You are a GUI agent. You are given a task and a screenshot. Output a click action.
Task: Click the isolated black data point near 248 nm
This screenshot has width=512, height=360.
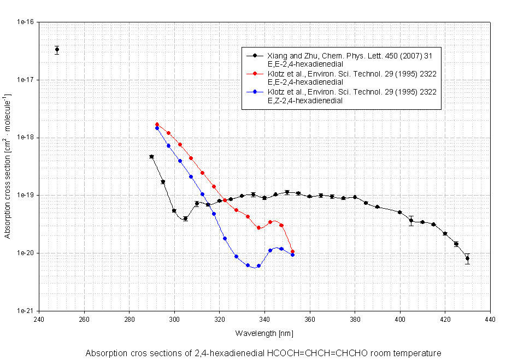coord(57,50)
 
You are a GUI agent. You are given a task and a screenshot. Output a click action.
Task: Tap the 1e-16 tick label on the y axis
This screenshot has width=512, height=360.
coord(26,22)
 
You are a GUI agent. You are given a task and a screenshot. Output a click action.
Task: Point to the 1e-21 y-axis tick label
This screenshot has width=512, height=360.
coord(26,311)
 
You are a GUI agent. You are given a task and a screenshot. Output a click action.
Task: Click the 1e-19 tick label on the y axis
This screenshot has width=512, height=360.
coord(26,196)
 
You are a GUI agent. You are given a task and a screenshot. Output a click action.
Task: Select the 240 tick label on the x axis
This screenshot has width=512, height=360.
coord(39,319)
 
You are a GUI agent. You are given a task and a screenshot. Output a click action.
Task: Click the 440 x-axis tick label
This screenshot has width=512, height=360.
coord(490,319)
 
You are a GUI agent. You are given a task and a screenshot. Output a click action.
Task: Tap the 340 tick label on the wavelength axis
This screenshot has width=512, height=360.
coord(264,319)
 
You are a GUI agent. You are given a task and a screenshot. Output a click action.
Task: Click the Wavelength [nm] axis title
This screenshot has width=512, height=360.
coord(264,333)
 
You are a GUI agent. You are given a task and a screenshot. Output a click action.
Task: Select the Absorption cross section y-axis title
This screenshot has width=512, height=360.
coord(8,167)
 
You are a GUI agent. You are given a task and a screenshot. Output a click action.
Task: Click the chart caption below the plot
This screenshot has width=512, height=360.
coord(263,353)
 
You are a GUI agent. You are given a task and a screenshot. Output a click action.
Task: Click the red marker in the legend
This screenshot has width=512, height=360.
coord(255,73)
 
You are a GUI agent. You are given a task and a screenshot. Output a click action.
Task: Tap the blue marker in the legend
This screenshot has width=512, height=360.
coord(255,91)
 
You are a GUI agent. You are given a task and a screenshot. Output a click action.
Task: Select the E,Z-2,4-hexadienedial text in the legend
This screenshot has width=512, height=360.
coord(304,100)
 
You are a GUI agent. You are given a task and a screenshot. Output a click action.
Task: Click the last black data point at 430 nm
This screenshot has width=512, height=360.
coord(467,258)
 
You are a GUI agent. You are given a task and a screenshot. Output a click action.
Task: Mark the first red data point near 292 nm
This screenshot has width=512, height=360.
coord(157,125)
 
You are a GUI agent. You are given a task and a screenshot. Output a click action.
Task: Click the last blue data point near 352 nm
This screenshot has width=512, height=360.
coord(292,255)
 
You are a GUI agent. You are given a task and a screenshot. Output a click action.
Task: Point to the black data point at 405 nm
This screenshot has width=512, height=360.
coord(411,221)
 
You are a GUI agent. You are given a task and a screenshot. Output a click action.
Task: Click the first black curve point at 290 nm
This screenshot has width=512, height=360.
coord(152,157)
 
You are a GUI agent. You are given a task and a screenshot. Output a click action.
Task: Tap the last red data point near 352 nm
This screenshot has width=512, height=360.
coord(293,251)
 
